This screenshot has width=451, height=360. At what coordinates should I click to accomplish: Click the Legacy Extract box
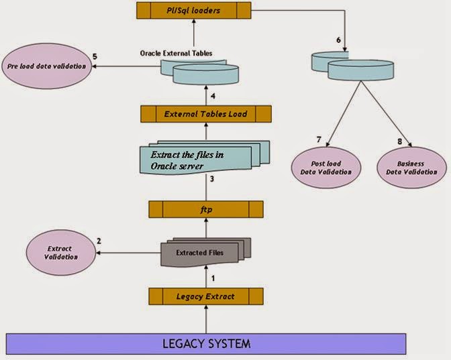(x=206, y=296)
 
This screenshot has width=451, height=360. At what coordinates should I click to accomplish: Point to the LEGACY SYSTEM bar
(x=206, y=345)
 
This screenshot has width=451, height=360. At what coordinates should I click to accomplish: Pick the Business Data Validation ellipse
(x=410, y=167)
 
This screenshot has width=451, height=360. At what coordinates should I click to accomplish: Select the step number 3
(x=211, y=179)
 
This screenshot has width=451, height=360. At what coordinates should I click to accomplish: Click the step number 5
(x=95, y=56)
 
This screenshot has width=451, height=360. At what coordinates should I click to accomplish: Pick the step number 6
(x=338, y=40)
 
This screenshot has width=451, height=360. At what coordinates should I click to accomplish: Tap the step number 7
(x=319, y=139)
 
